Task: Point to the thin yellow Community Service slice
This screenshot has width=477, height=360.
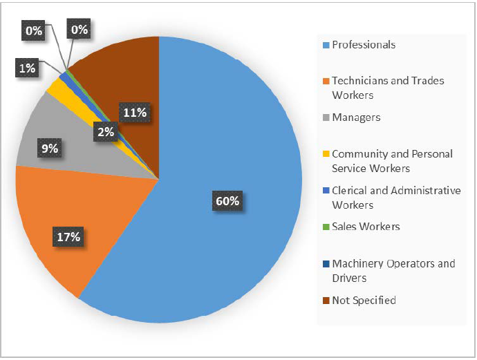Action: pos(56,87)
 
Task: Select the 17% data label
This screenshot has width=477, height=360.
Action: pos(69,237)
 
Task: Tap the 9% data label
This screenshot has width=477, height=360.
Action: pos(49,148)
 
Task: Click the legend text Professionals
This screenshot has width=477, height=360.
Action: pos(364,45)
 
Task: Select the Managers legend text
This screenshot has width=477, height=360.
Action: pos(356,117)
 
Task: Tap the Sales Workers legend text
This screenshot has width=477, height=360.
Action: pos(366,227)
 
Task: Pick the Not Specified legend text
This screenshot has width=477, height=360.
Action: pos(364,300)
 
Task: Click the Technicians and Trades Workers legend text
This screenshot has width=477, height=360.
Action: pos(388,87)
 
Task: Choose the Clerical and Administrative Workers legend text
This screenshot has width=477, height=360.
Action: pos(396,198)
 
